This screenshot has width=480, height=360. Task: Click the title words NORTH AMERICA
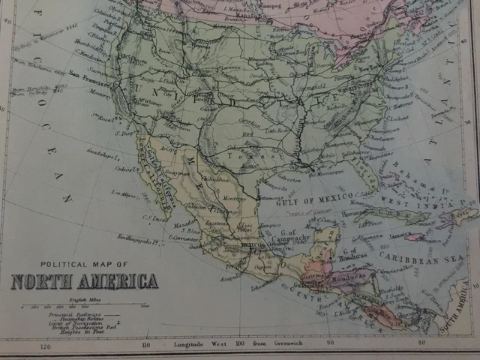[x=85, y=282]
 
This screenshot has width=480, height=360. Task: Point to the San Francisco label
[x=84, y=73]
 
